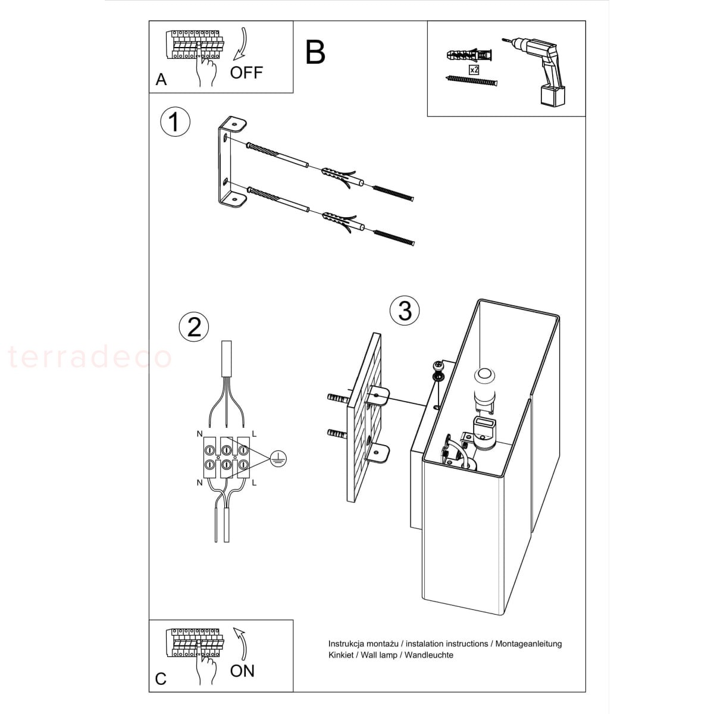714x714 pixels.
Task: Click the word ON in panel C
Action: [x=242, y=671]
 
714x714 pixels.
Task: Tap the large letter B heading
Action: [x=315, y=52]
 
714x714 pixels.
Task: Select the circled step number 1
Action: [x=176, y=121]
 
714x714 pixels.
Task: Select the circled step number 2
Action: [x=194, y=327]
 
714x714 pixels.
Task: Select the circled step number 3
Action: [x=405, y=311]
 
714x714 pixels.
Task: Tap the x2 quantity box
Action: [x=474, y=70]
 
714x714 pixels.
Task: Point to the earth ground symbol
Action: [x=278, y=459]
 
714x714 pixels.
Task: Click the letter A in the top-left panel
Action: [x=161, y=79]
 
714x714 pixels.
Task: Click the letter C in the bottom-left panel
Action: [x=161, y=679]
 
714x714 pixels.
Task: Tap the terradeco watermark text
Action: [x=90, y=357]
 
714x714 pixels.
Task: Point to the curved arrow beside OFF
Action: [x=240, y=43]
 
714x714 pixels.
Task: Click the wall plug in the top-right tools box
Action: [x=471, y=56]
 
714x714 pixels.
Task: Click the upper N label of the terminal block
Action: [x=200, y=434]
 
